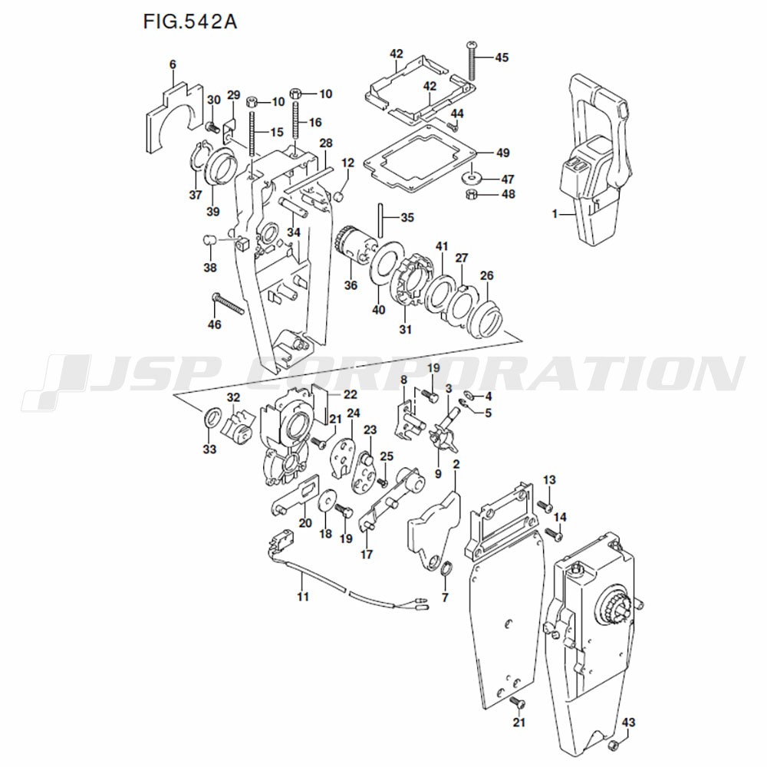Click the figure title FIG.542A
[x=189, y=22]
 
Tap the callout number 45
[x=502, y=58]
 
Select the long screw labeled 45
[x=472, y=61]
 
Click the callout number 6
[x=173, y=64]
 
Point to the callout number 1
[x=555, y=214]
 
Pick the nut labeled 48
[x=471, y=194]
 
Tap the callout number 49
[x=503, y=153]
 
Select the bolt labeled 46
[x=228, y=304]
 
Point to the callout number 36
[x=351, y=285]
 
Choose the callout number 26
[x=487, y=276]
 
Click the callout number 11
[x=303, y=596]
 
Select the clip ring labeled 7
[x=446, y=568]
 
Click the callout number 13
[x=549, y=479]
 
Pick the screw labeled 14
[x=553, y=534]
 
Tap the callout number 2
[x=456, y=464]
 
